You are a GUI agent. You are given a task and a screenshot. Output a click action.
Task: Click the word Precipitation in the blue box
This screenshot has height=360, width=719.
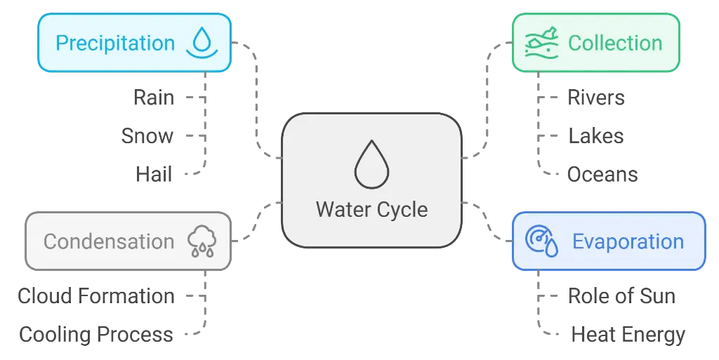point(115,43)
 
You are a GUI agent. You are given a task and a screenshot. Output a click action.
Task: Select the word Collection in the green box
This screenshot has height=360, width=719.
point(615,43)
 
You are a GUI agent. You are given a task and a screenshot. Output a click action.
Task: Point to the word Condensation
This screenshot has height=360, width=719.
point(109,241)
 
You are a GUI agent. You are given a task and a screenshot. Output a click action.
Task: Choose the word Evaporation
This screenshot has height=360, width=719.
point(628,241)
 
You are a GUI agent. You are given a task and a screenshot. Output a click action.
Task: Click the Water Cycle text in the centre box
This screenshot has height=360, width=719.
point(371,209)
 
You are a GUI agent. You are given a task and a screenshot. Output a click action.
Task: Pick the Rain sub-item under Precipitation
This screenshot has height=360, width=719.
point(152,97)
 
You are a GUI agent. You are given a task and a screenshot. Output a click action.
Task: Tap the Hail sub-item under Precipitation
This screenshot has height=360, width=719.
point(154,173)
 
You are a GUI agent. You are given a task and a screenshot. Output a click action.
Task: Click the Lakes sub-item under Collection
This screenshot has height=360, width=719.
point(595,135)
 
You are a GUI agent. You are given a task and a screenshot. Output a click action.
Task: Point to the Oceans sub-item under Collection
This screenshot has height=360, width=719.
point(603,174)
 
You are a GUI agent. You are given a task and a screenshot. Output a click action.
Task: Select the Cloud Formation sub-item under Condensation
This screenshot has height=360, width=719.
point(95,295)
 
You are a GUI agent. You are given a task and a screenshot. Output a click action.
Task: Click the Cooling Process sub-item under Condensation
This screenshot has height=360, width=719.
point(95,333)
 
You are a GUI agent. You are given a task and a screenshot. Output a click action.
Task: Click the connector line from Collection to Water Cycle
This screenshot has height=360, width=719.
point(485,98)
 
